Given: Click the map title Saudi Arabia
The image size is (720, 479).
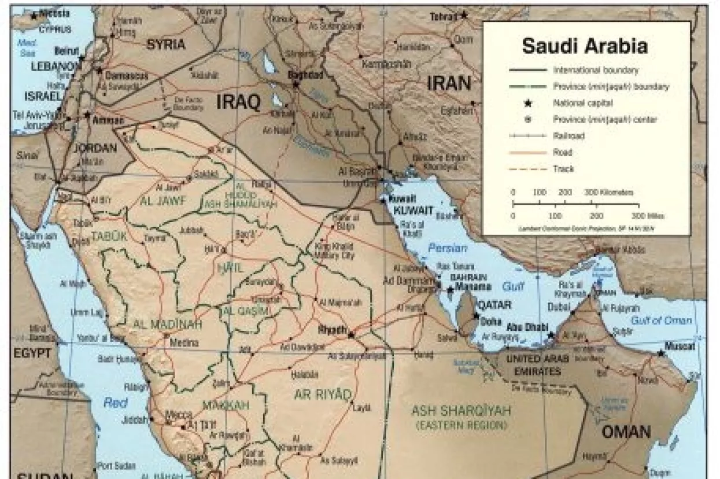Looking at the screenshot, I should tap(585, 46).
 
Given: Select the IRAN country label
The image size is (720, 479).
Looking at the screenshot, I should tap(449, 84).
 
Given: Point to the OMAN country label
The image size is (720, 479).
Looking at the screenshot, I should tap(626, 432).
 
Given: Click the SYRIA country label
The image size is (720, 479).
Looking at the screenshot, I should tap(166, 45).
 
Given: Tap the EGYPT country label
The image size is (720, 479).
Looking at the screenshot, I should tap(34, 353).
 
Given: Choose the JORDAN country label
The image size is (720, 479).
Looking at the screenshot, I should tap(95, 148).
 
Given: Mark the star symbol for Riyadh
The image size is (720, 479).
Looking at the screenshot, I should tap(351, 334).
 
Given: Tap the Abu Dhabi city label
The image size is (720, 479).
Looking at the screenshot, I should tap(528, 327).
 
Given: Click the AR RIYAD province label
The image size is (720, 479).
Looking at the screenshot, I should tap(323, 395).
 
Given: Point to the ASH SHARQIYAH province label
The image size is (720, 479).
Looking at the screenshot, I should tap(461, 411).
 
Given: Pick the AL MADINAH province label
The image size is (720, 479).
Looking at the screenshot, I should tap(168, 324).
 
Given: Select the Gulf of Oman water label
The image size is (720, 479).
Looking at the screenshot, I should tap(669, 320).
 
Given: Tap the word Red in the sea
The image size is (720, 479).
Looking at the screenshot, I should tap(116, 403).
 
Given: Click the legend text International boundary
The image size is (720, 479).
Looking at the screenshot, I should tap(596, 70).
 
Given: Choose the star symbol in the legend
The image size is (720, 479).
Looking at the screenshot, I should tap(527, 103).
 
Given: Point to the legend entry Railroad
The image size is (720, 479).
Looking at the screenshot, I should tap(568, 136).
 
